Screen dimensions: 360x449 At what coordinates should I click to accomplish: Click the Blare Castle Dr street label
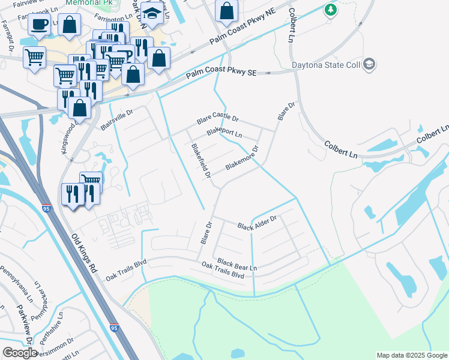(218, 121)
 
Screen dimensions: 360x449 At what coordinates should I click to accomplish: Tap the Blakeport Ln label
(224, 133)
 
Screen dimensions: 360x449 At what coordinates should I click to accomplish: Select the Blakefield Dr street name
(200, 161)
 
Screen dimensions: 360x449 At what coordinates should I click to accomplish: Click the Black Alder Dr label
(256, 223)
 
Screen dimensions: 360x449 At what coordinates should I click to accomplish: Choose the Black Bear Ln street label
(237, 263)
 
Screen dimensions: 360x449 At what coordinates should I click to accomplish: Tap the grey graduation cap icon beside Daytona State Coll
(370, 64)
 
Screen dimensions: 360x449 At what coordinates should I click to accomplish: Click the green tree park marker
(330, 10)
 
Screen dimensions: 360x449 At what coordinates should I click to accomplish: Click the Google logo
(20, 353)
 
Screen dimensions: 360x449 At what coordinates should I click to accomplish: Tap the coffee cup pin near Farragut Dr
(40, 25)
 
